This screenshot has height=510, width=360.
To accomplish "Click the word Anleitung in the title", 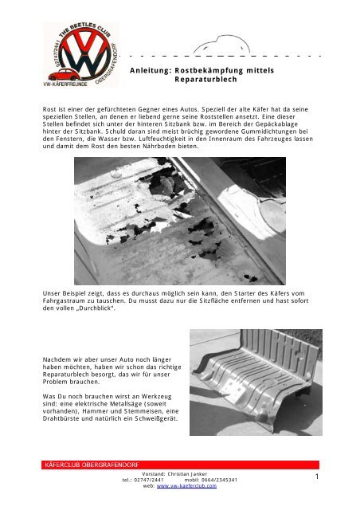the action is coord(149,71).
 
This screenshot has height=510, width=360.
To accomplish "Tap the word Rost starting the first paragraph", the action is coord(50,108).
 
